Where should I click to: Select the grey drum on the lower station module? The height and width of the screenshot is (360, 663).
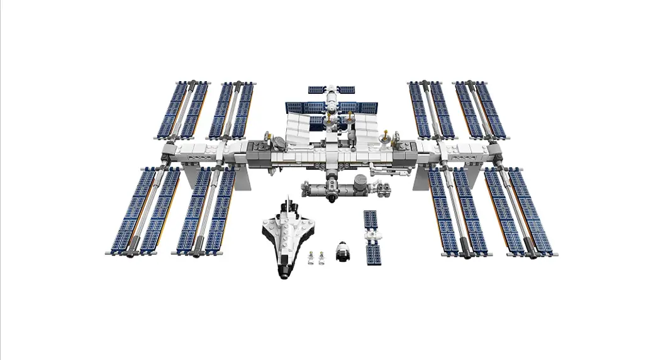359,187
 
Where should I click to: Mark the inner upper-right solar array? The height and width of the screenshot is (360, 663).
432,110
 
